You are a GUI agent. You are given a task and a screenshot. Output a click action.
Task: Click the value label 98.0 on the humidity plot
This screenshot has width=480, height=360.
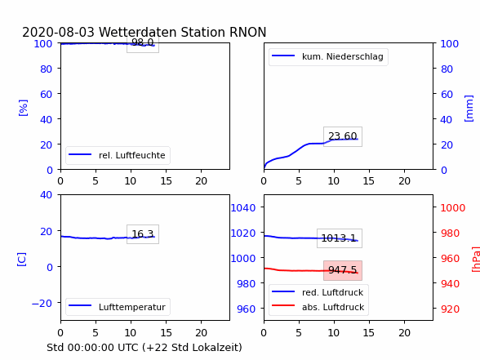pyautogui.click(x=143, y=42)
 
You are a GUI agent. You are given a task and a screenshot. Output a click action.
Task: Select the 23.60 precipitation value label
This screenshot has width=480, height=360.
pyautogui.click(x=343, y=136)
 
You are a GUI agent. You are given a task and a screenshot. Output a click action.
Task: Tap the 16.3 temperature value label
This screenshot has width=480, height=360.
pyautogui.click(x=143, y=234)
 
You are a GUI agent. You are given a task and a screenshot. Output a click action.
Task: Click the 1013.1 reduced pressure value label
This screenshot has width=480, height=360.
pyautogui.click(x=340, y=238)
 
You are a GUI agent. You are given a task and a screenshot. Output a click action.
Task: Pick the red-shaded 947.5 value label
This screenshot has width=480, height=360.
pyautogui.click(x=343, y=270)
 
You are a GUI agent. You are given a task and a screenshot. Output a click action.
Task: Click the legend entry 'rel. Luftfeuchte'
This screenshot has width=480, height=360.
pyautogui.click(x=117, y=155)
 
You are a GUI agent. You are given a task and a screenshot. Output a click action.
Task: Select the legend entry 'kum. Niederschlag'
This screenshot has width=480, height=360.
pyautogui.click(x=327, y=56)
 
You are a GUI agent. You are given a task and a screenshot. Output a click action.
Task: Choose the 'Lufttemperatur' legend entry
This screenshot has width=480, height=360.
pyautogui.click(x=117, y=307)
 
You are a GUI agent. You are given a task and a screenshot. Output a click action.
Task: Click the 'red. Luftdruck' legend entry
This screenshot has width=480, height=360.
pyautogui.click(x=318, y=292)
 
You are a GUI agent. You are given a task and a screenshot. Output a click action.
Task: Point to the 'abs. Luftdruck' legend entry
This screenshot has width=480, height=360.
pyautogui.click(x=318, y=307)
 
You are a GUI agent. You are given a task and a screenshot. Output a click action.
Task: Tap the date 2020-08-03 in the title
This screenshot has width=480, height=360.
pyautogui.click(x=58, y=32)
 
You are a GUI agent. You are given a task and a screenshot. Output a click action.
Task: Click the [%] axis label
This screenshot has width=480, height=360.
pyautogui.click(x=23, y=108)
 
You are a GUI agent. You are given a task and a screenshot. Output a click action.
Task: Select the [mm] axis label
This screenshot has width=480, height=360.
pyautogui.click(x=469, y=109)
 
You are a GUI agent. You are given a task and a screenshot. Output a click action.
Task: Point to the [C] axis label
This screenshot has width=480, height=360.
pyautogui.click(x=22, y=260)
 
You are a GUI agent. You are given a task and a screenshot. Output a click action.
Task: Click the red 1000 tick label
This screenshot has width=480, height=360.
pyautogui.click(x=453, y=208)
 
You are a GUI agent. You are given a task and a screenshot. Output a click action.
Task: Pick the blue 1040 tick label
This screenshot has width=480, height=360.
pyautogui.click(x=243, y=208)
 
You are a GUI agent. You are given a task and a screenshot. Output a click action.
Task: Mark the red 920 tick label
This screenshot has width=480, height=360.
pyautogui.click(x=450, y=309)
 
